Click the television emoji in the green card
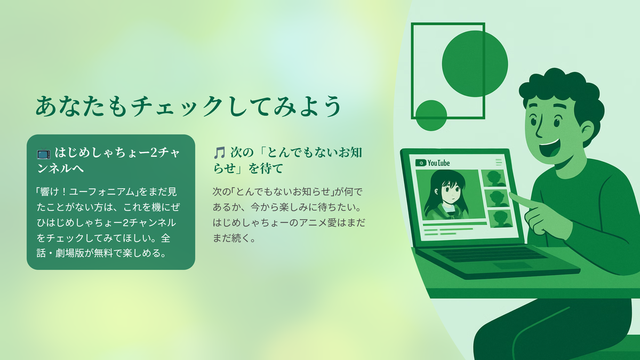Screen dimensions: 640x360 (x=44, y=153)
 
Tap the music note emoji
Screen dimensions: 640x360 (x=219, y=153)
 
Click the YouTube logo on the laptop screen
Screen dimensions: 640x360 (x=433, y=163)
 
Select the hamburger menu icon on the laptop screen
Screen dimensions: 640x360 (x=499, y=162)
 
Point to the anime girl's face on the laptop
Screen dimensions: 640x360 (x=451, y=192)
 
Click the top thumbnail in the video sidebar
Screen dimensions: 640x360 (x=493, y=178)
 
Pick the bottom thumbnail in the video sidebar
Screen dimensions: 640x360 (x=501, y=219)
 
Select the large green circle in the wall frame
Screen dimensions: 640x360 (x=475, y=63)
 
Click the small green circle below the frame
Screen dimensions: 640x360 (x=431, y=115)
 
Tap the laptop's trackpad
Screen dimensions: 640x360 (x=509, y=266)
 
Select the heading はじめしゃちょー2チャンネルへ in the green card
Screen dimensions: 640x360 (x=109, y=160)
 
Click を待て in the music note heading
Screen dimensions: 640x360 (x=266, y=169)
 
